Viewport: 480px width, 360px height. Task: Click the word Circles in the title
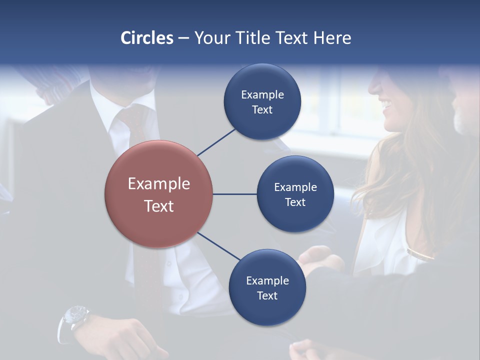point(147,38)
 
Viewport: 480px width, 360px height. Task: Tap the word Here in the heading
point(332,38)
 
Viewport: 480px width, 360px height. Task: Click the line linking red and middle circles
point(234,194)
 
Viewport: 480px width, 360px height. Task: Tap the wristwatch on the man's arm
point(74,317)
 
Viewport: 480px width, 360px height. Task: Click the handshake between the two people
point(320,260)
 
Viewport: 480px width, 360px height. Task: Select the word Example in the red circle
point(158,183)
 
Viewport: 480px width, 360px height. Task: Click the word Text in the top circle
point(262,109)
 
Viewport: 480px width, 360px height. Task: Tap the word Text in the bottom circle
point(267,295)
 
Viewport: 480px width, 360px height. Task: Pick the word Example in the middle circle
point(295,187)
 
